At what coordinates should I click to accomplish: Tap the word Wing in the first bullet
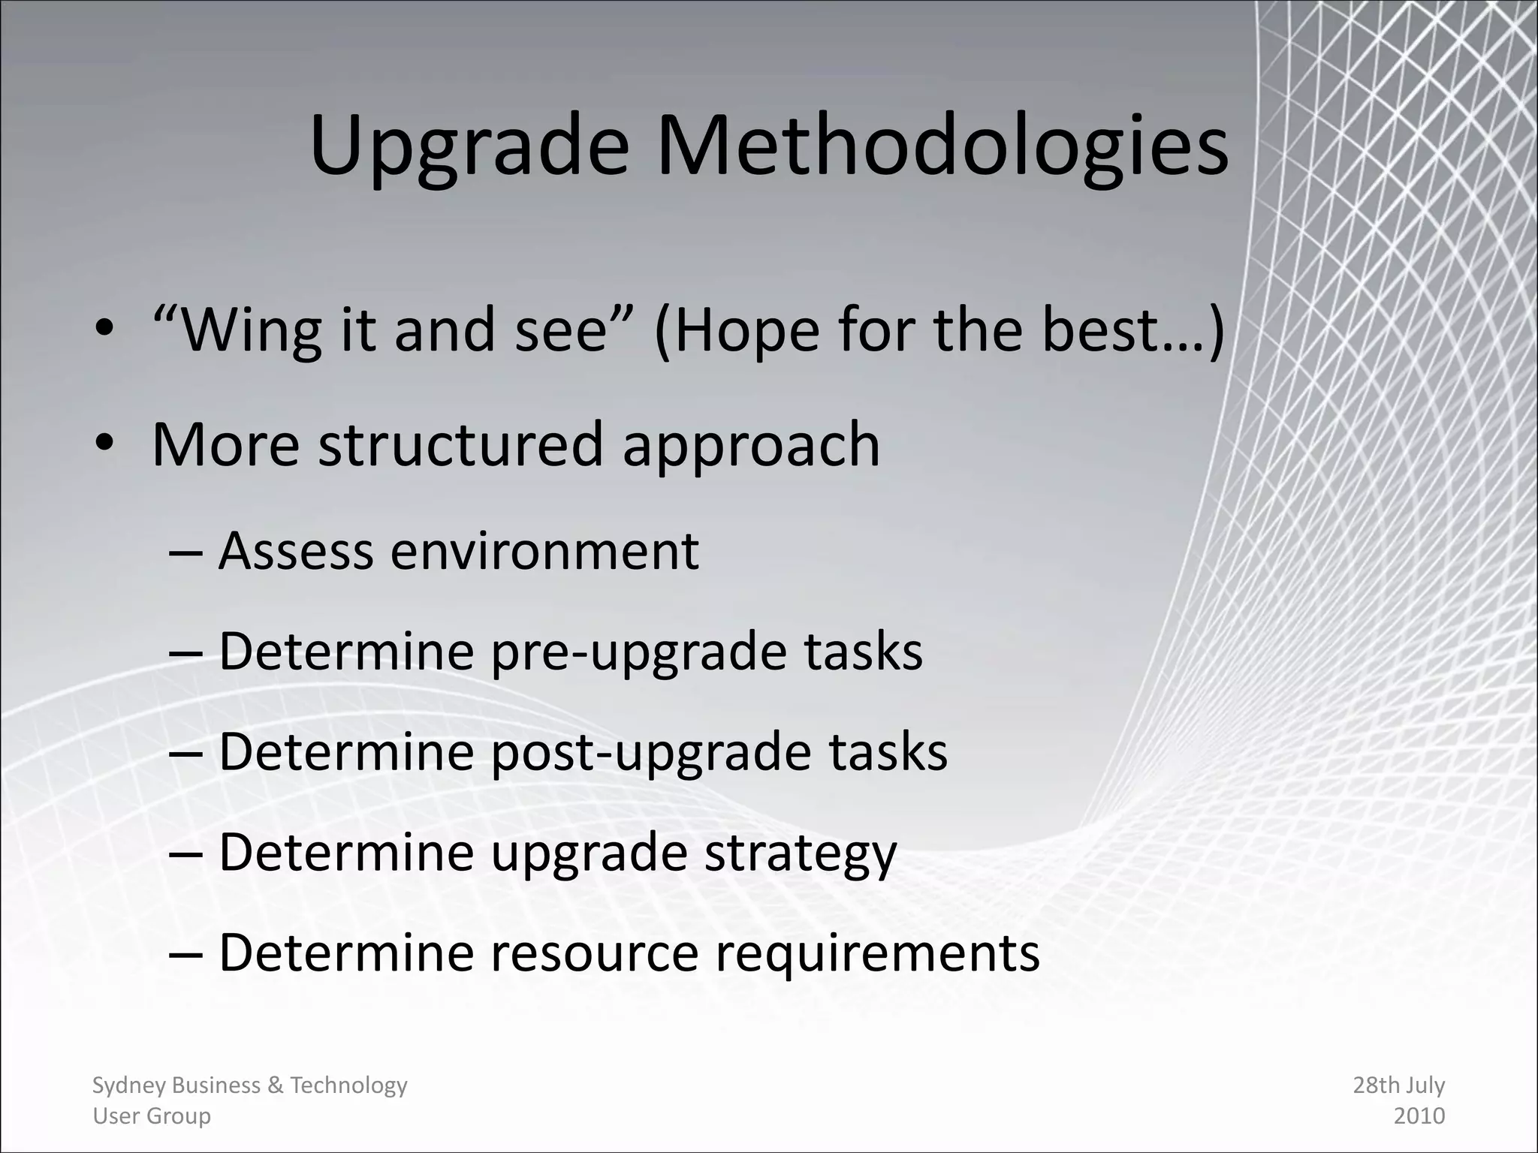tap(252, 330)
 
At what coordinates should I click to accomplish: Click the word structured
tap(460, 444)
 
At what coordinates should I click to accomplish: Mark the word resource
tap(594, 953)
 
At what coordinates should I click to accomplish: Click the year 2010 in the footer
tap(1419, 1116)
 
